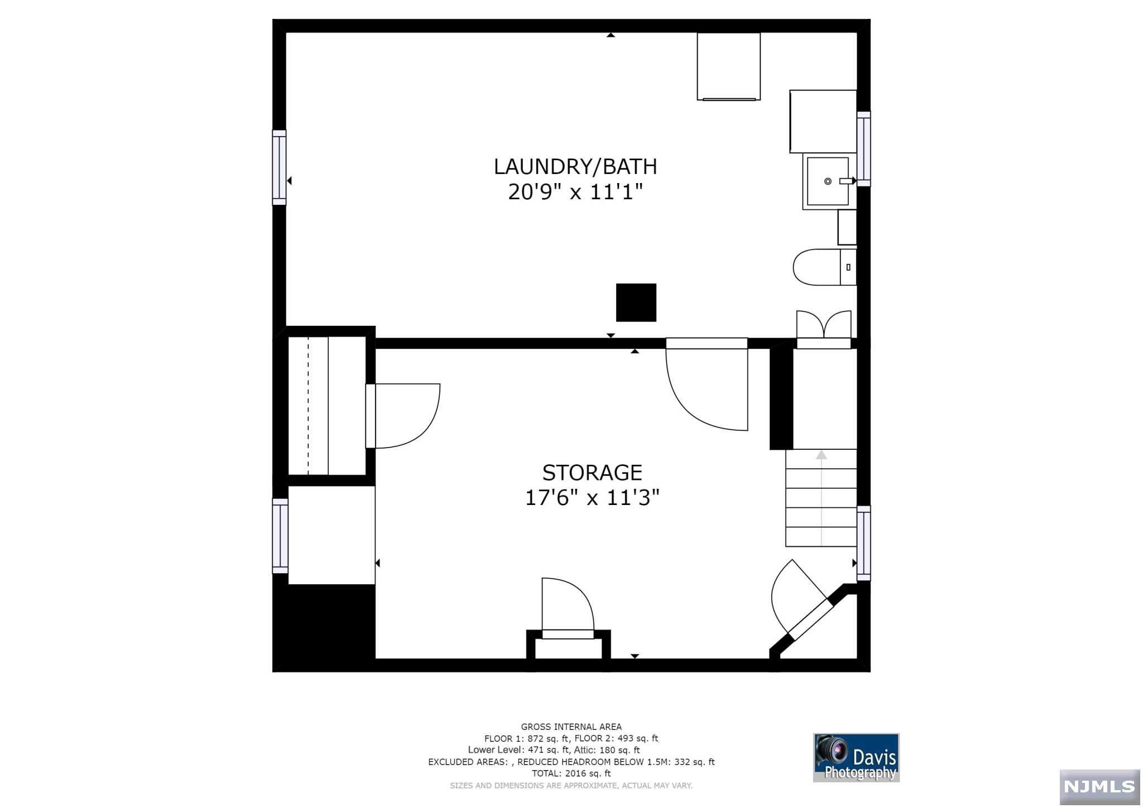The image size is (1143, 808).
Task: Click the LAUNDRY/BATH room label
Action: [575, 166]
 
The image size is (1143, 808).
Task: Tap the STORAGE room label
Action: [592, 473]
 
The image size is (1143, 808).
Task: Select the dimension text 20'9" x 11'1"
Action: [575, 192]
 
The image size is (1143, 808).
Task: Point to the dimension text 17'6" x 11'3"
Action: [592, 497]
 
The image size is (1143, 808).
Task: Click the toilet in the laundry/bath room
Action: [824, 267]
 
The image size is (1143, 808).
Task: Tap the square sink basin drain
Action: [828, 181]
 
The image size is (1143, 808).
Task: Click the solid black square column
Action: [636, 302]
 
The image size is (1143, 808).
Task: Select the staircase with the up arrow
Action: [821, 498]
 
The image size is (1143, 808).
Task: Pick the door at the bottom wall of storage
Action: [568, 608]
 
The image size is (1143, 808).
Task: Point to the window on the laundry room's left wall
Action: [279, 167]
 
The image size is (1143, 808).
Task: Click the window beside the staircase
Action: [863, 543]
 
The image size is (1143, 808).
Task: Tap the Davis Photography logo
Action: [856, 757]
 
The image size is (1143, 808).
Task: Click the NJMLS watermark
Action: [1099, 787]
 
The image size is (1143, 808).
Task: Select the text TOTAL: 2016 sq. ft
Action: [571, 773]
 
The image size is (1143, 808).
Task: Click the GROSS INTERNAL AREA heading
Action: [571, 727]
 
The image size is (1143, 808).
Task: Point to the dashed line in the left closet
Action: [308, 406]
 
